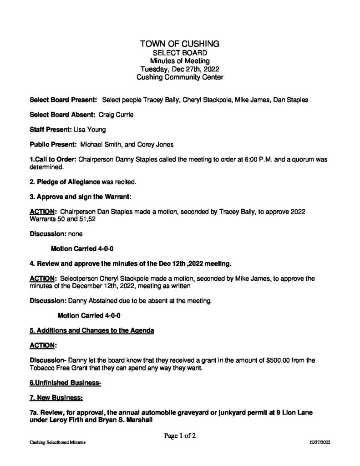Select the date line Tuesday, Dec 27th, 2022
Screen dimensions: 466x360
(x=180, y=69)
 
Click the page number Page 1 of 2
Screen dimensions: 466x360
(x=180, y=436)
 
